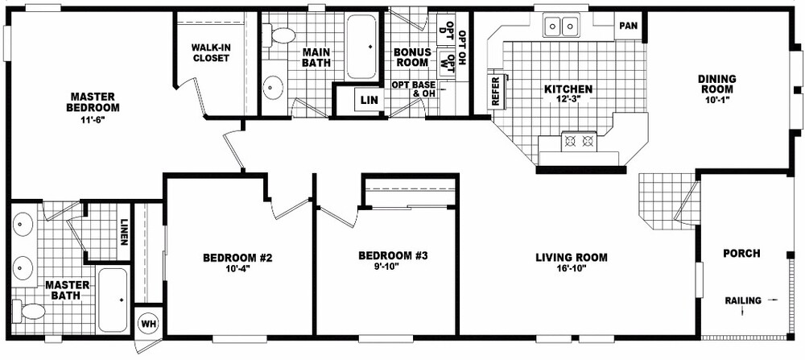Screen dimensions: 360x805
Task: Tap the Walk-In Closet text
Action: click(x=211, y=52)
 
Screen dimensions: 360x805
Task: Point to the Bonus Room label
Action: click(x=412, y=57)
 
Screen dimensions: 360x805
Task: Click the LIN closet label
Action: click(x=369, y=100)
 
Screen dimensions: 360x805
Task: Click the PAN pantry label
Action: click(x=628, y=26)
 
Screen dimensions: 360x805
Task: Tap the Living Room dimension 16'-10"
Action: click(x=571, y=269)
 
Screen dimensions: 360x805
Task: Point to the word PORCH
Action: click(x=741, y=254)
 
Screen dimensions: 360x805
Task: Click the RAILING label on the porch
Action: click(x=742, y=300)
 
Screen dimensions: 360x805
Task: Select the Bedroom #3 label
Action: click(x=392, y=256)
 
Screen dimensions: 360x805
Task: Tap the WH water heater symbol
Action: click(x=148, y=323)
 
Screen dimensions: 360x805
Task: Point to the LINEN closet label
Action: click(x=125, y=231)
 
